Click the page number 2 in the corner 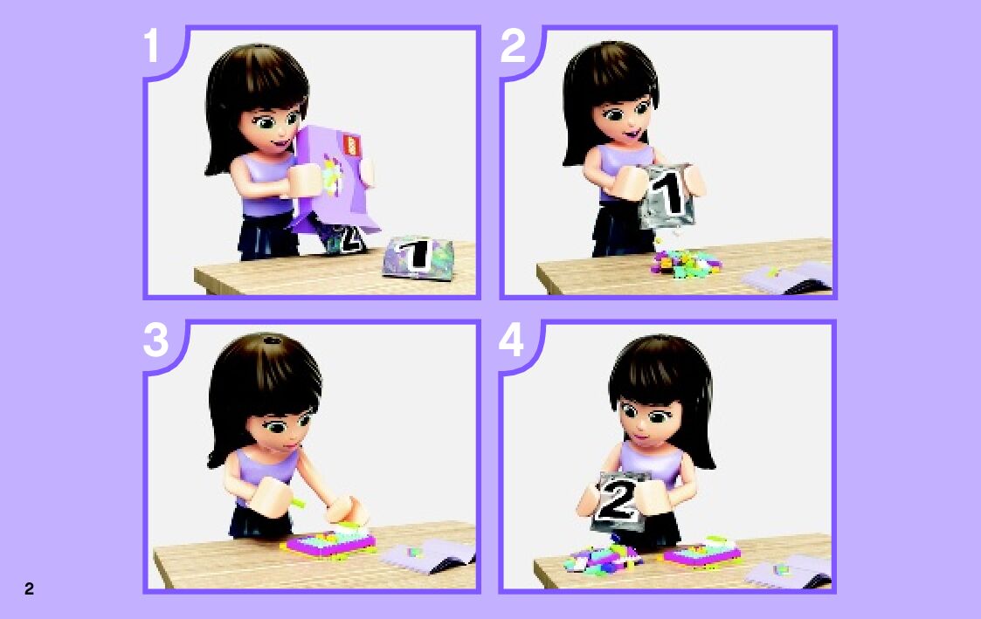[x=29, y=588]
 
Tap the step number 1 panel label [x=151, y=45]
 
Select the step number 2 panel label [x=513, y=45]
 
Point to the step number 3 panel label [x=155, y=340]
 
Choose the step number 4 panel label [x=511, y=340]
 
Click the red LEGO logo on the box [x=352, y=146]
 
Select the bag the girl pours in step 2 [x=667, y=195]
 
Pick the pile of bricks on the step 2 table [x=685, y=261]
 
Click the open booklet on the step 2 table [x=788, y=277]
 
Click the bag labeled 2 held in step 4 [x=618, y=501]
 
